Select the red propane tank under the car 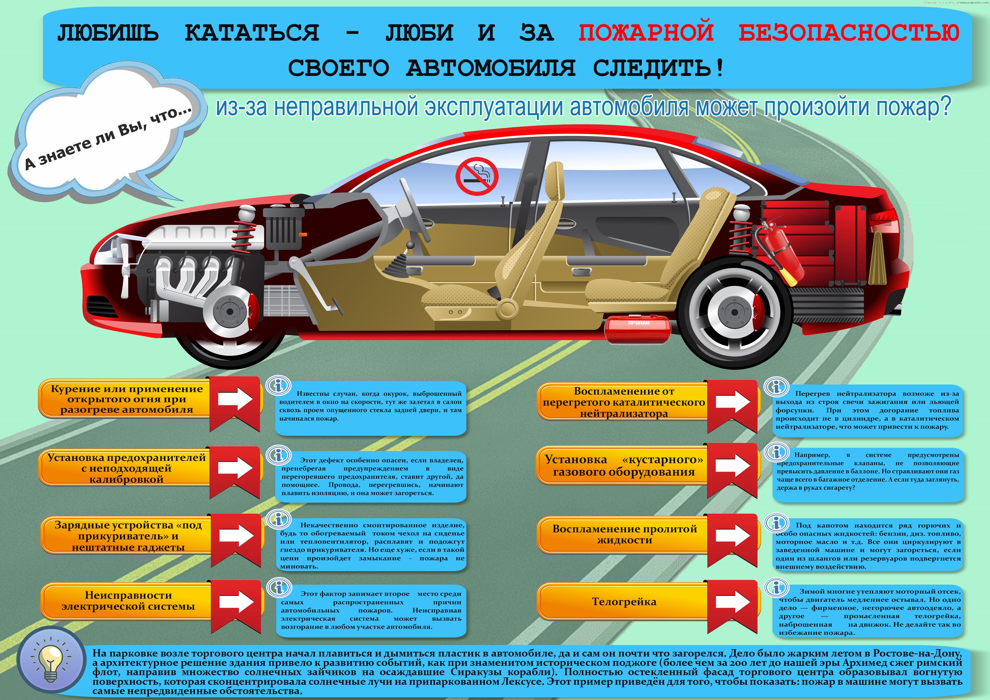coord(638,330)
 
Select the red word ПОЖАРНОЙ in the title coord(645,32)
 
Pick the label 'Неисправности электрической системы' coord(128,601)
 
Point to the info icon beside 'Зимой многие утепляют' coord(776,588)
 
